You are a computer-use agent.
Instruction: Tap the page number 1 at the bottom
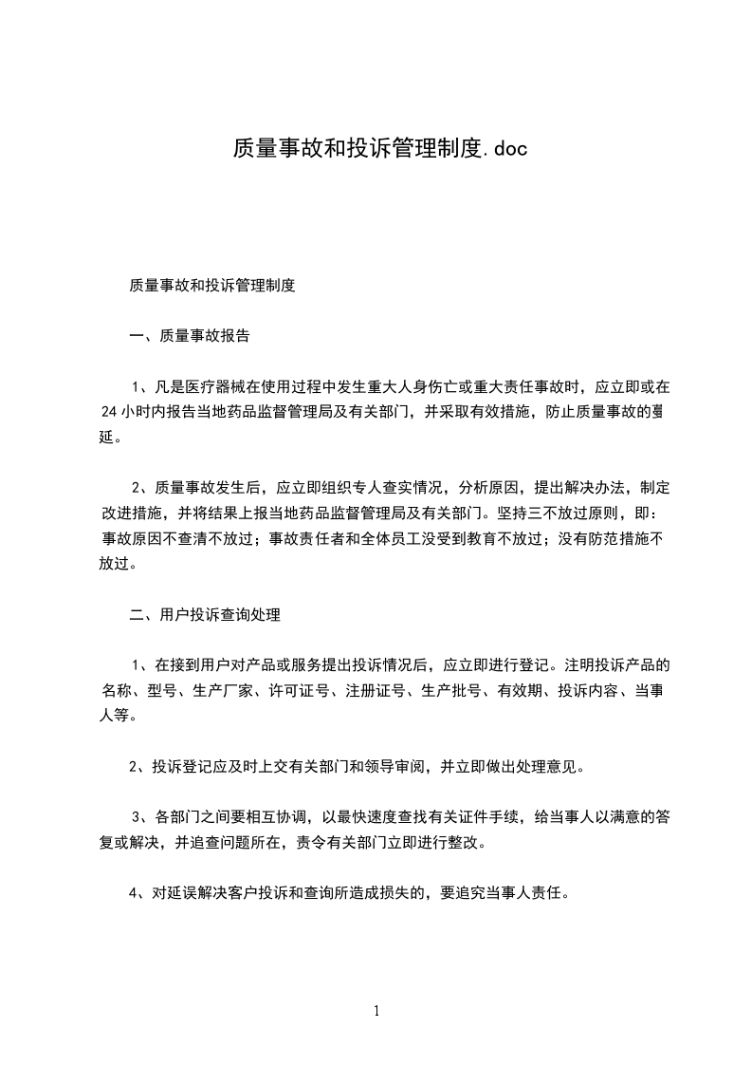pyautogui.click(x=376, y=1011)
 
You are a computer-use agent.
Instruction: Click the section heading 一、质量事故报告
pyautogui.click(x=190, y=335)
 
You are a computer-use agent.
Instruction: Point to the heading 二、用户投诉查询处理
pyautogui.click(x=205, y=615)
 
